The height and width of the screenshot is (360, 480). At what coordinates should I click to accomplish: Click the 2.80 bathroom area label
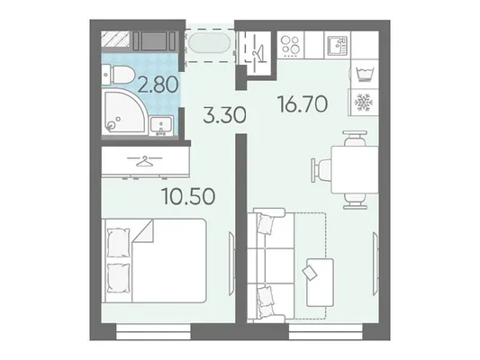click(x=158, y=84)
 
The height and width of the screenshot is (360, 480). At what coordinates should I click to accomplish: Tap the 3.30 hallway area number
click(x=225, y=115)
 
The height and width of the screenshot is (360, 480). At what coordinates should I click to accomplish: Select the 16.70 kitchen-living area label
click(x=303, y=103)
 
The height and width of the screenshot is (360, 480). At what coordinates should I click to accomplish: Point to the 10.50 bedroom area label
click(x=188, y=196)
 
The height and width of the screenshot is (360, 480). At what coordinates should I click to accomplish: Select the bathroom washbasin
click(x=160, y=126)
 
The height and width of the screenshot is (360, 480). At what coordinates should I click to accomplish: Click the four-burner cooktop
click(x=290, y=45)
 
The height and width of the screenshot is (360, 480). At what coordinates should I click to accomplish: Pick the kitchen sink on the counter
click(x=338, y=46)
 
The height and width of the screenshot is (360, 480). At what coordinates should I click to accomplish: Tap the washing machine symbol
click(x=365, y=75)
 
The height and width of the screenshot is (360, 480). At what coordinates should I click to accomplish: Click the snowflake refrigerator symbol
click(x=363, y=103)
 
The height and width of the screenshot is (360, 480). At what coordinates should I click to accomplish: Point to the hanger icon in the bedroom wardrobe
click(x=145, y=160)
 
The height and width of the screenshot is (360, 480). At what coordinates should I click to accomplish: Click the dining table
click(x=355, y=170)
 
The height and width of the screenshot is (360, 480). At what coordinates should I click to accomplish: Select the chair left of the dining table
click(x=321, y=170)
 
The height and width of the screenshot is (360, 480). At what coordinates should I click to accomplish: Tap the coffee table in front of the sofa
click(x=321, y=282)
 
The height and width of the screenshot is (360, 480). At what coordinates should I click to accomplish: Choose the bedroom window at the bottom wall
click(x=154, y=331)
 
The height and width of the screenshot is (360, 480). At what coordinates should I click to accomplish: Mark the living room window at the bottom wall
click(x=326, y=331)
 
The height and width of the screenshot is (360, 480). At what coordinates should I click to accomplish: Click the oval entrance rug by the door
click(x=210, y=44)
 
